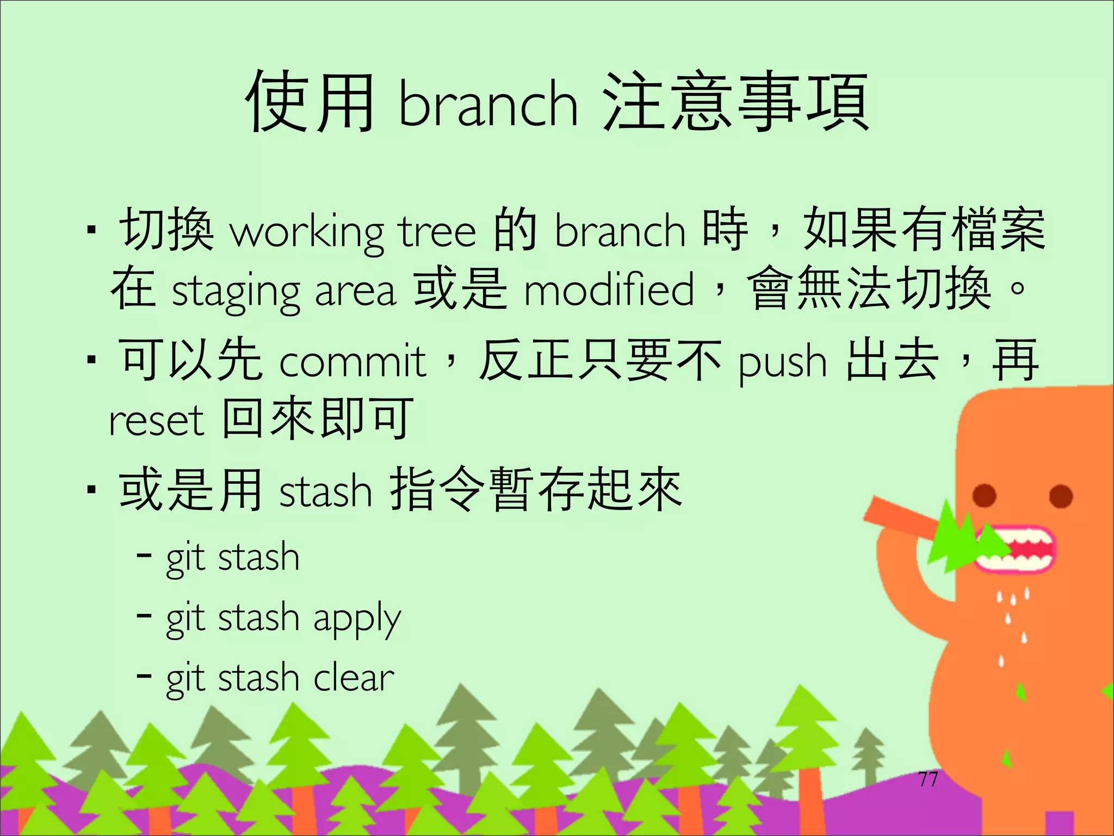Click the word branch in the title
(488, 104)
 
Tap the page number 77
(927, 779)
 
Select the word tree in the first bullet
(438, 231)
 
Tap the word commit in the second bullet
(352, 361)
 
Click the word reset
(156, 421)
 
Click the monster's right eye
(1061, 496)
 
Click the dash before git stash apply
(144, 616)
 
